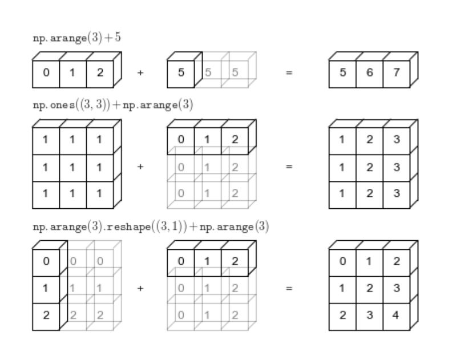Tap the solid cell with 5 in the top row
pos(180,74)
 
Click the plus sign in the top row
pos(140,74)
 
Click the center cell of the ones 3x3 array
pos(72,167)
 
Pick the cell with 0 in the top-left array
pos(46,74)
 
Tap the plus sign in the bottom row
pos(140,289)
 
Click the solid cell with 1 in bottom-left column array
pos(46,289)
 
